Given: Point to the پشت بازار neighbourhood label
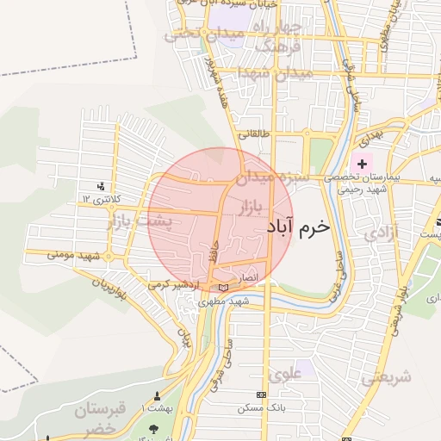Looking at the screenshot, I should [140, 221].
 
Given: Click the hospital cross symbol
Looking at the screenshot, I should [361, 163].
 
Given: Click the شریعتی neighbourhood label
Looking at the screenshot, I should [387, 376].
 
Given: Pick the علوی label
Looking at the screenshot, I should [284, 375].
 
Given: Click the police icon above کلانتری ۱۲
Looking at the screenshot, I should [102, 185].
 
